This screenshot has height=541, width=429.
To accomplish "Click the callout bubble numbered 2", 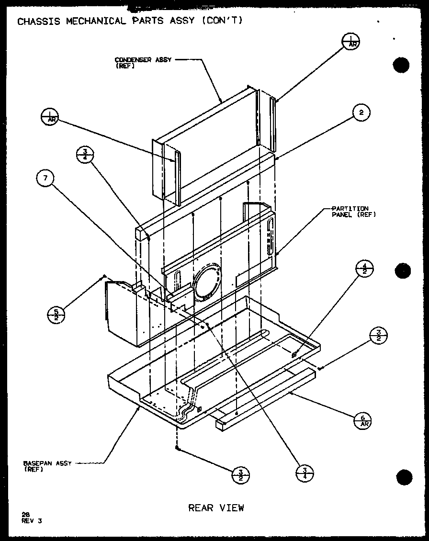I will (x=361, y=113).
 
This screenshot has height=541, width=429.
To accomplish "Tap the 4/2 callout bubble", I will (x=365, y=269).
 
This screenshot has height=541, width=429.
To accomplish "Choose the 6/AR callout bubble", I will (x=362, y=421).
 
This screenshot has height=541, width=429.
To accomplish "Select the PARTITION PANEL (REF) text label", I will (x=353, y=211).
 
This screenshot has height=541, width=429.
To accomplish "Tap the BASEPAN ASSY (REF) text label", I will (x=47, y=466).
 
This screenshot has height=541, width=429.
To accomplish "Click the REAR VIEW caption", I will (x=216, y=507).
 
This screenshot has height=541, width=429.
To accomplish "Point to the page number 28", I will (x=25, y=514).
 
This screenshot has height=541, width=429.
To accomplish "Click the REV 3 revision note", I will (x=32, y=521).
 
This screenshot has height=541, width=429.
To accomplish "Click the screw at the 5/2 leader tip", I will (x=103, y=277).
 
